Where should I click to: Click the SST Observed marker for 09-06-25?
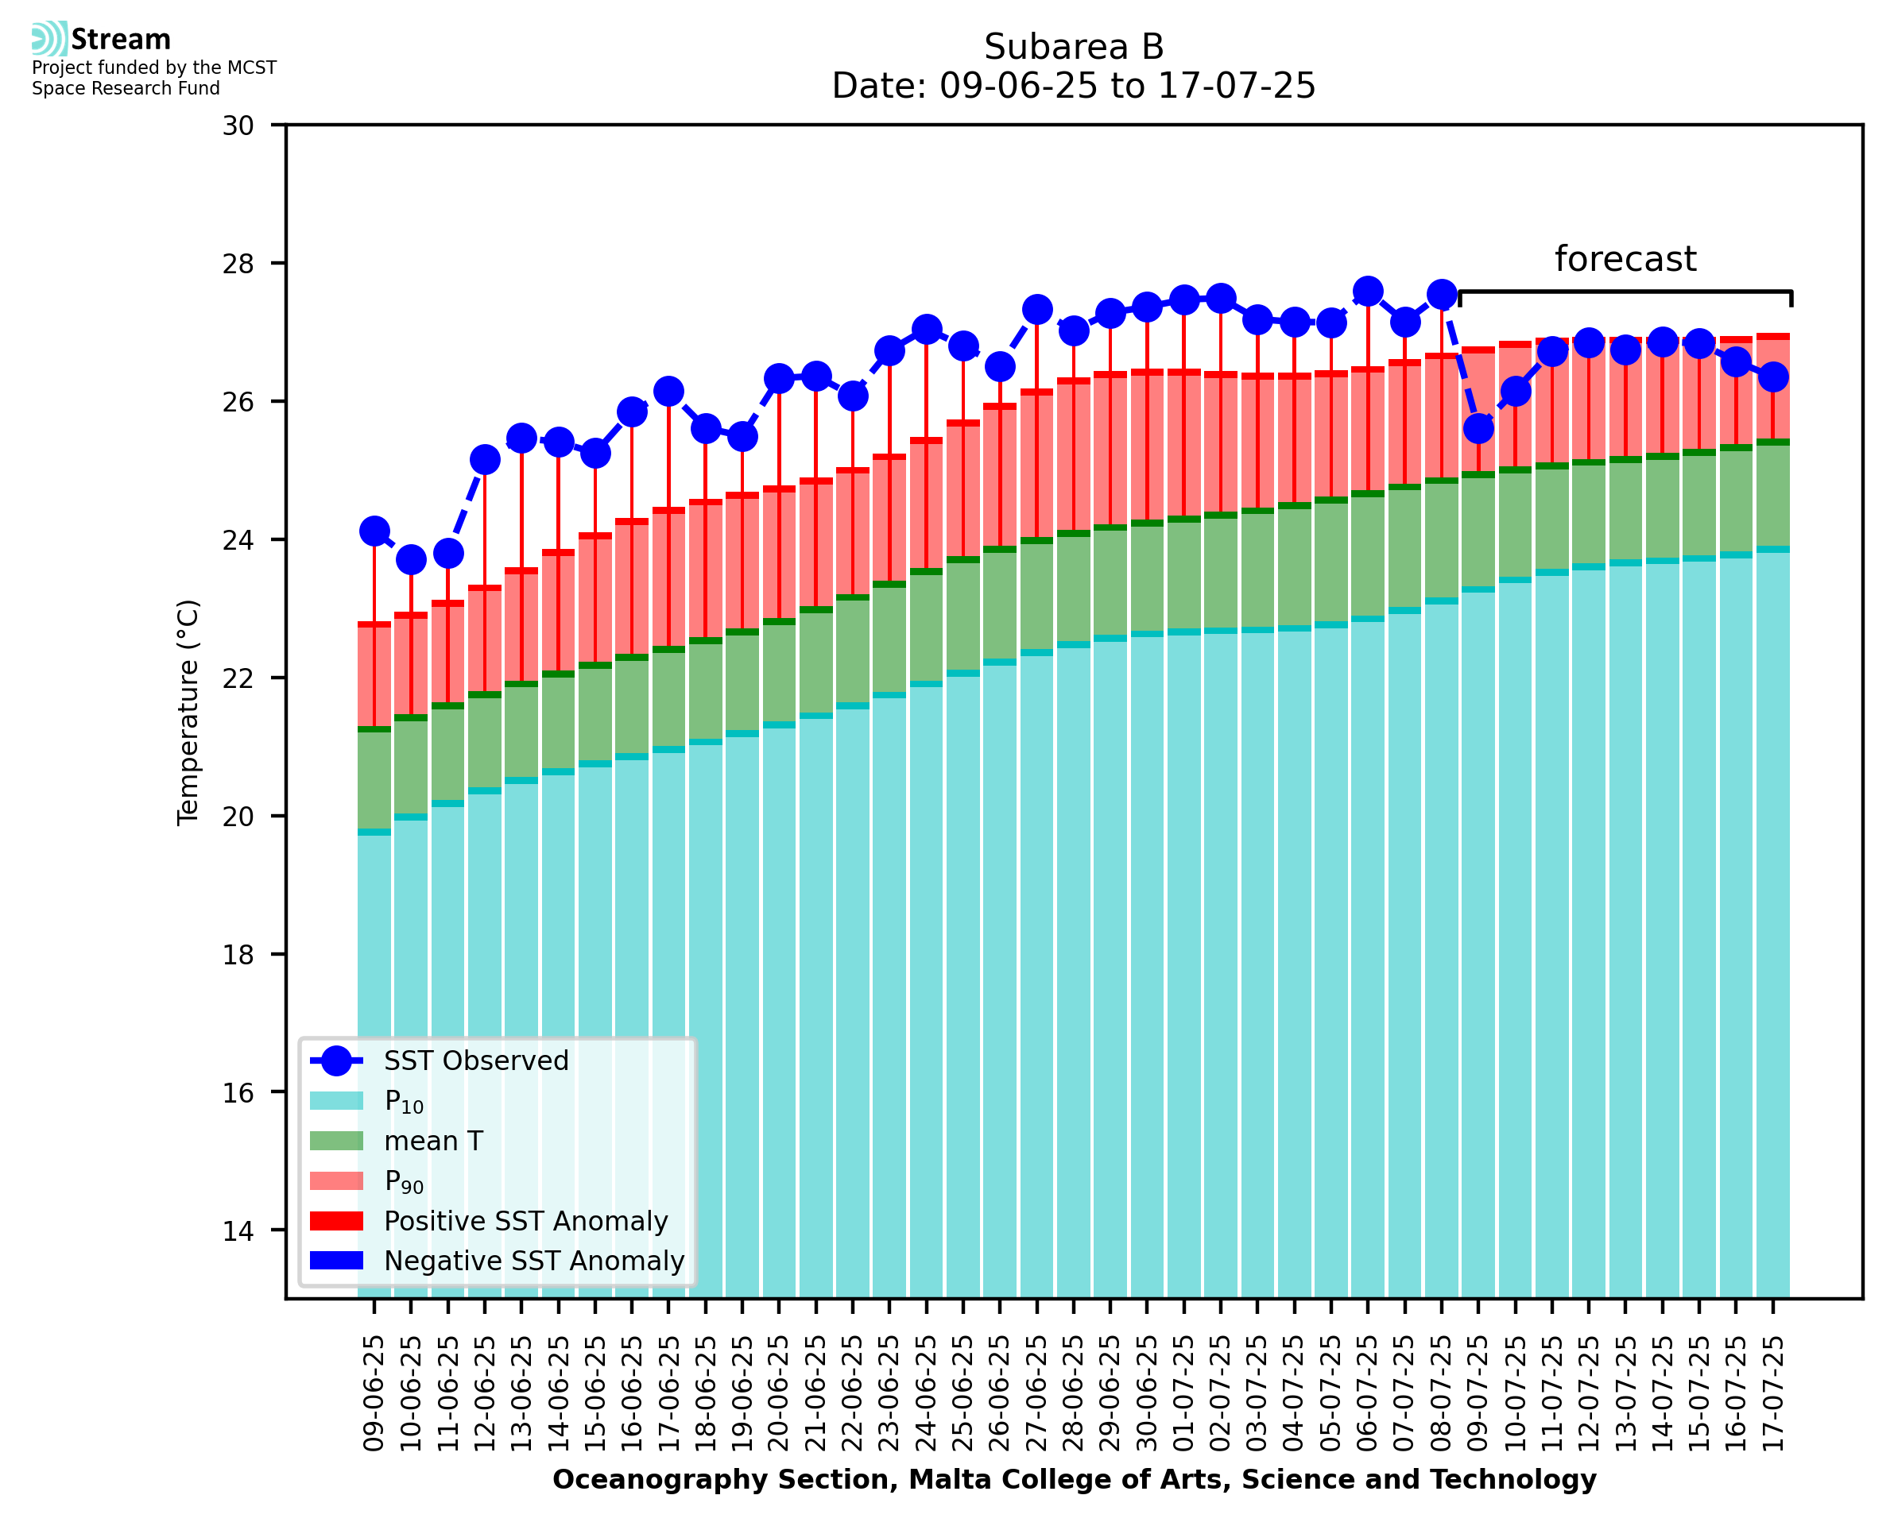374,531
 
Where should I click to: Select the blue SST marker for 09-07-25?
1478,429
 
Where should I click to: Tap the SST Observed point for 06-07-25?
1367,291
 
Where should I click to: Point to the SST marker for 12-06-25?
485,460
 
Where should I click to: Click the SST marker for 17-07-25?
1772,377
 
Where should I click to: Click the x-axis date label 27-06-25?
1036,1393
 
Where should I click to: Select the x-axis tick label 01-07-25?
1183,1393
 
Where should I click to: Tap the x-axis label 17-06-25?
668,1393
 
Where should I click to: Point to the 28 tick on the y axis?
238,264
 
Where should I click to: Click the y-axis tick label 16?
238,1092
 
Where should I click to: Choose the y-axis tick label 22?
238,678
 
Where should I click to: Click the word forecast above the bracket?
1625,259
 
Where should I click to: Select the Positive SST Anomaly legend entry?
525,1221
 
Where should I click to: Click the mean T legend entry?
432,1141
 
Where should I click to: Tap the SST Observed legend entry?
476,1061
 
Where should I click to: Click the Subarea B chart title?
1074,47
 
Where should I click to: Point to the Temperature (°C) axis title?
188,713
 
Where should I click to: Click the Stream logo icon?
49,39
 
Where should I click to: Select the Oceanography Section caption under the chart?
1074,1479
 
